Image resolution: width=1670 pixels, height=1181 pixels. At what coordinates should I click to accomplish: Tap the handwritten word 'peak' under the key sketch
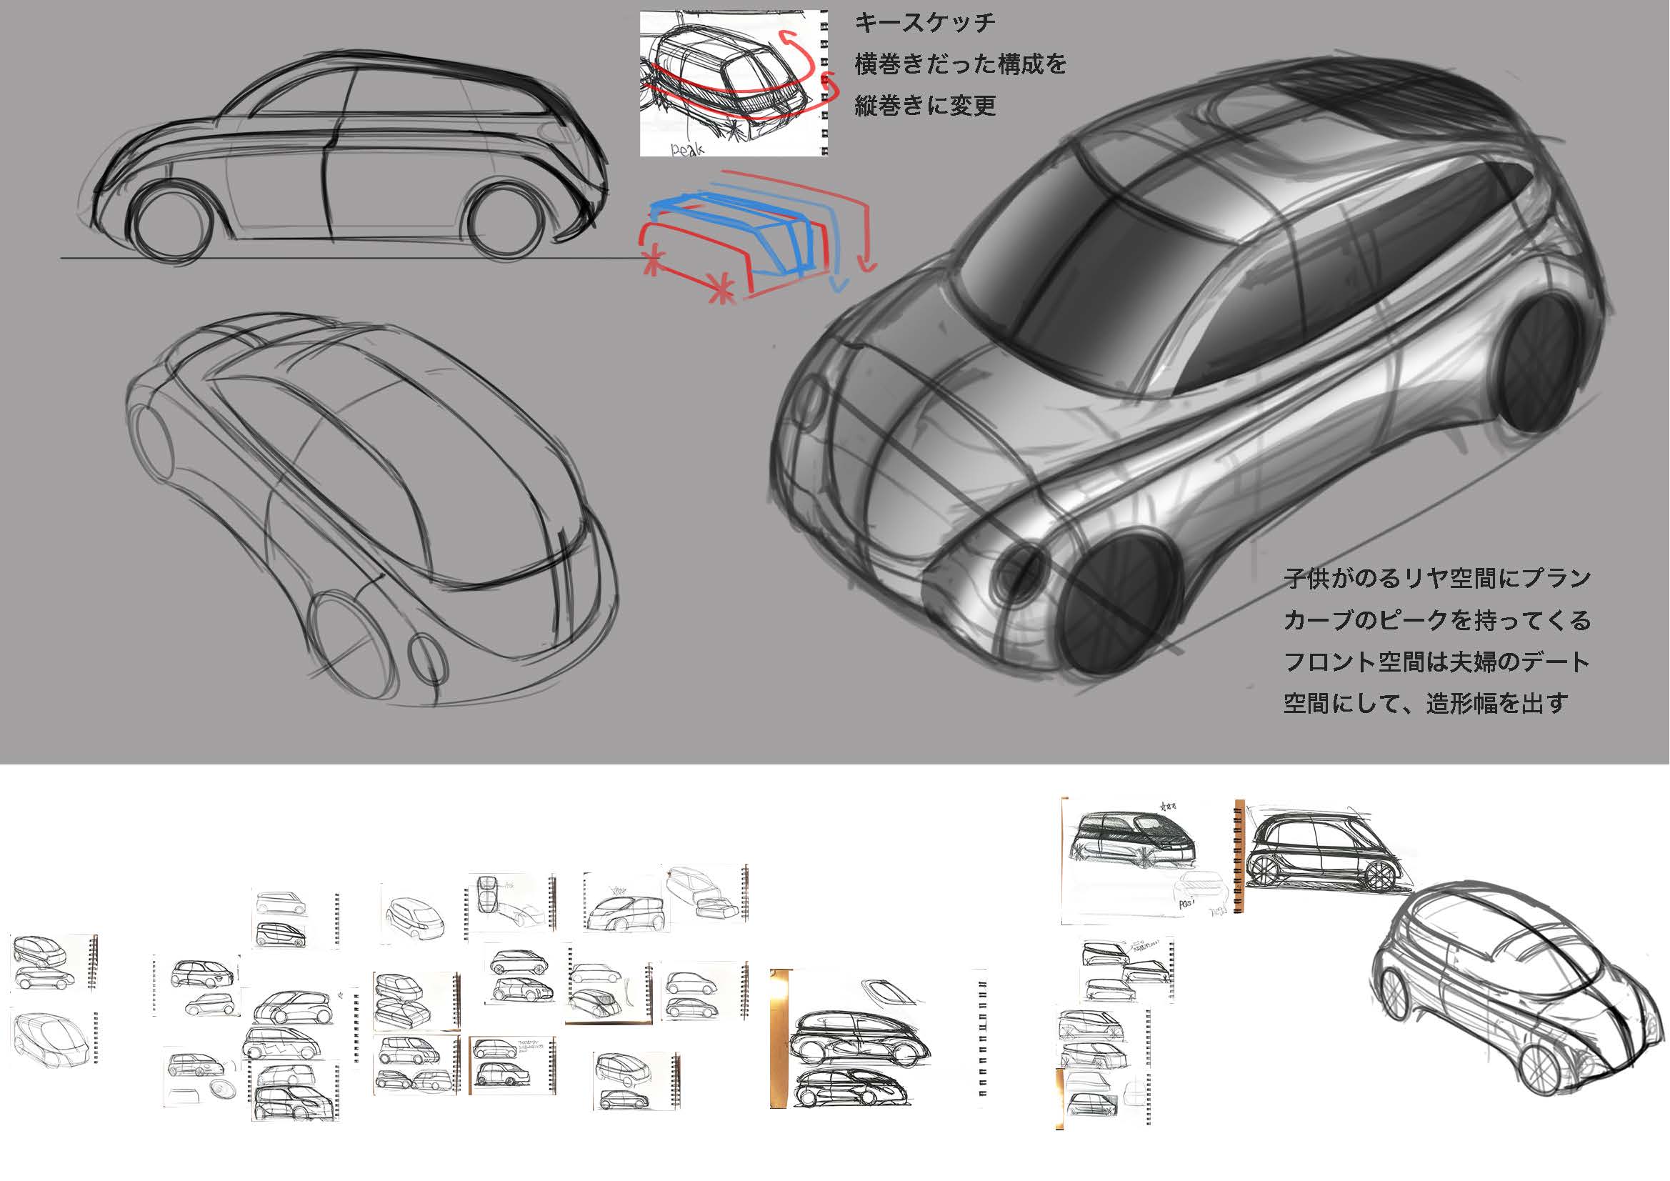[x=686, y=149]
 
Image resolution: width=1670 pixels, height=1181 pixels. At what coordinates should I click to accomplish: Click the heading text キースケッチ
[x=924, y=23]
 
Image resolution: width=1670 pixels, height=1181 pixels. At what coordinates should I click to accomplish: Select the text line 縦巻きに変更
[x=924, y=106]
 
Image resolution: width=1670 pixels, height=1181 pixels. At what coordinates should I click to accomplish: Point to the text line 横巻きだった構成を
[x=960, y=64]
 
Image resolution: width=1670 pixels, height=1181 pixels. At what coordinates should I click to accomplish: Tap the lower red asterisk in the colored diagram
[x=721, y=289]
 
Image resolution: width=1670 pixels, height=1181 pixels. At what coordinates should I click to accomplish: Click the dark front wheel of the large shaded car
[x=1116, y=602]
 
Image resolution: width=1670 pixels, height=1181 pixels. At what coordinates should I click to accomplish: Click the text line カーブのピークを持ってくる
[x=1436, y=621]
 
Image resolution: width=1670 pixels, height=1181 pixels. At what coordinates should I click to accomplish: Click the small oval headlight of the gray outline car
[x=427, y=657]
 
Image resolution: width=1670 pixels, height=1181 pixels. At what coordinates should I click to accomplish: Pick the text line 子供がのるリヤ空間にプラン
[x=1436, y=579]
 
